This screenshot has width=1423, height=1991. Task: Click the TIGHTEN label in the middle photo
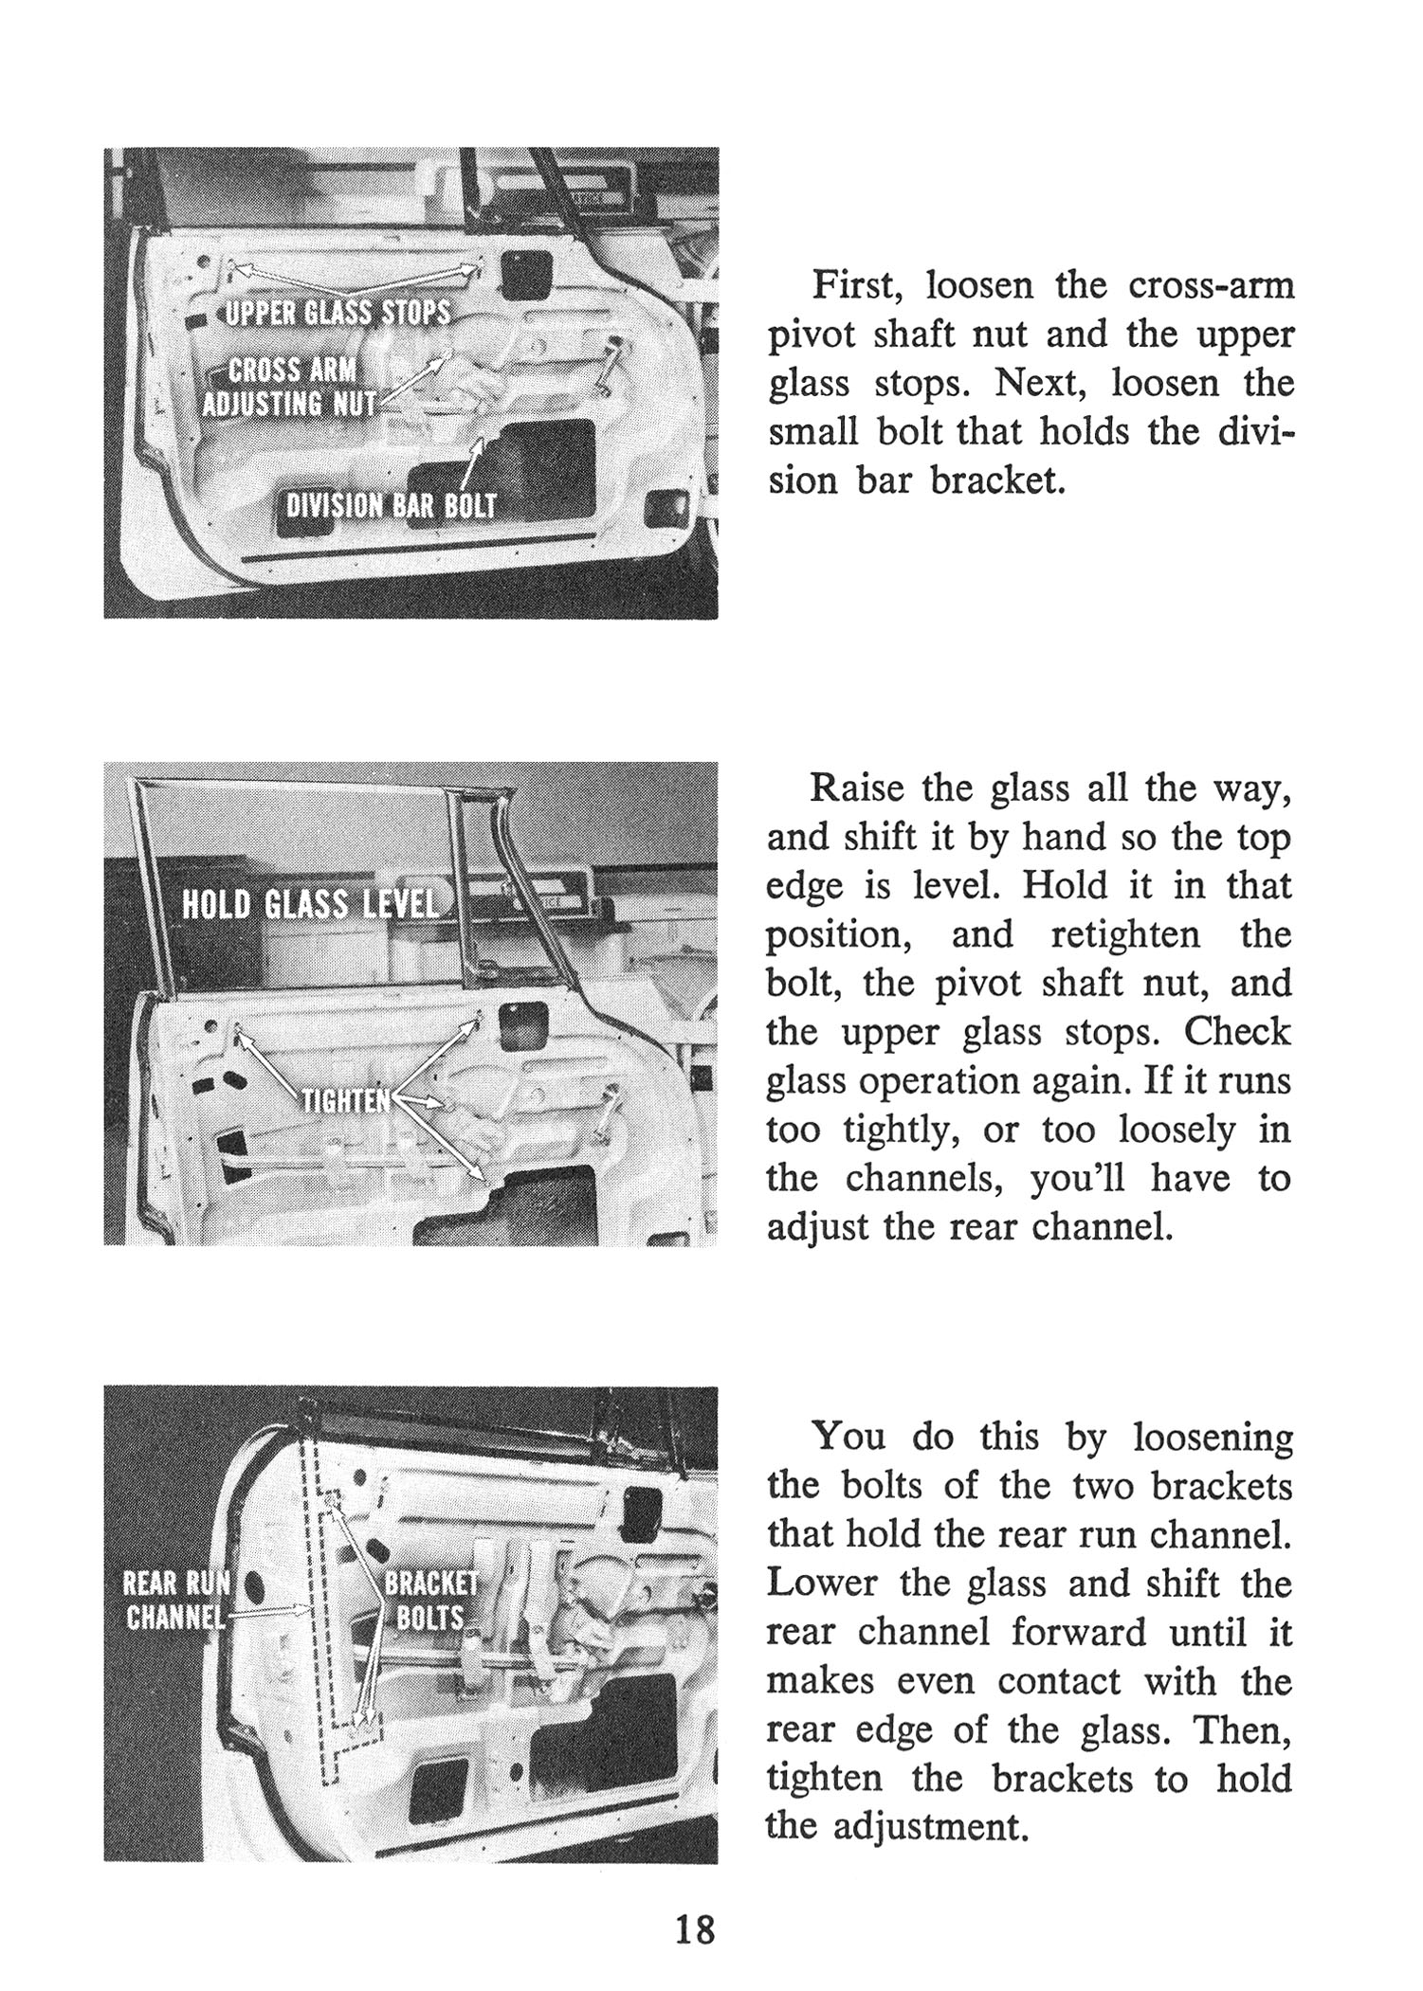(346, 1100)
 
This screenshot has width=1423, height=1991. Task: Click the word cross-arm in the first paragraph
(1211, 286)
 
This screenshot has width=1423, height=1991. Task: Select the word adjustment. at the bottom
(930, 1826)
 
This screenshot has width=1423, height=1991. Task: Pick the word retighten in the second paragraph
(1125, 935)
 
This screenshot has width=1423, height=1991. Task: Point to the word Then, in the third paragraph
(1245, 1730)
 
